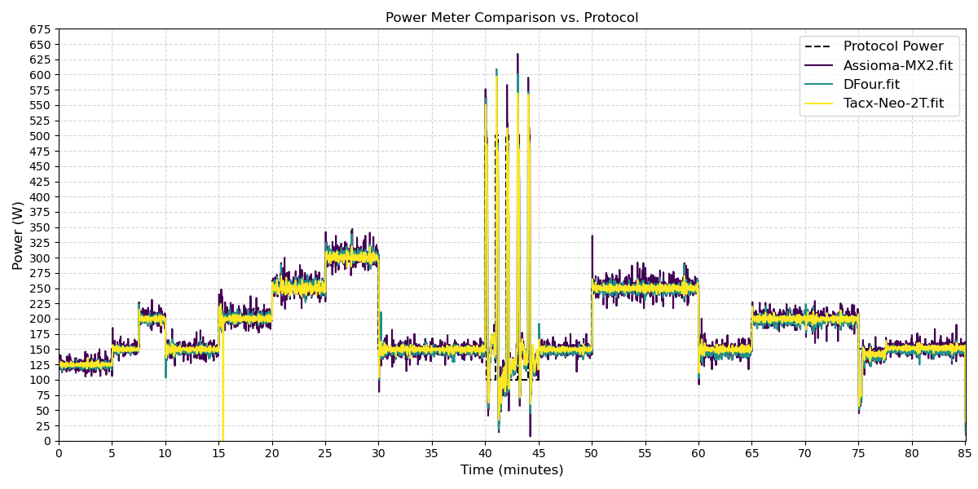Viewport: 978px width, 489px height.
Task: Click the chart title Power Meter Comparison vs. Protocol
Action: (512, 18)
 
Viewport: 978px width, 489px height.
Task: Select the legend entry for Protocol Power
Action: (893, 46)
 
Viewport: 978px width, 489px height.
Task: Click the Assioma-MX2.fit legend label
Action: (897, 65)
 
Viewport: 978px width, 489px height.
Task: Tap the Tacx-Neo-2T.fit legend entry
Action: (893, 104)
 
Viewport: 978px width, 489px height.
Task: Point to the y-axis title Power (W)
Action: (18, 236)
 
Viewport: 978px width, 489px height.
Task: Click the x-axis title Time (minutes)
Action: (512, 470)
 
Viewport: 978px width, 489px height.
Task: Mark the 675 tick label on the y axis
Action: (40, 29)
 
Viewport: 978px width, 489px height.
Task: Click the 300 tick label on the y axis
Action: (40, 258)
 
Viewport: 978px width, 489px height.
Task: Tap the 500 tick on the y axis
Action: (40, 136)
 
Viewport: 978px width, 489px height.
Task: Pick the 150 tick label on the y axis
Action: (40, 350)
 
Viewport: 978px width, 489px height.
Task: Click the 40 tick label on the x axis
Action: (486, 452)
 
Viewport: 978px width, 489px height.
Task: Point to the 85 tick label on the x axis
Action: (966, 452)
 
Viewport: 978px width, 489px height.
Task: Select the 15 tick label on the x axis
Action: (218, 452)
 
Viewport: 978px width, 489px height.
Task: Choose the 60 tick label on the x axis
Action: (698, 452)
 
